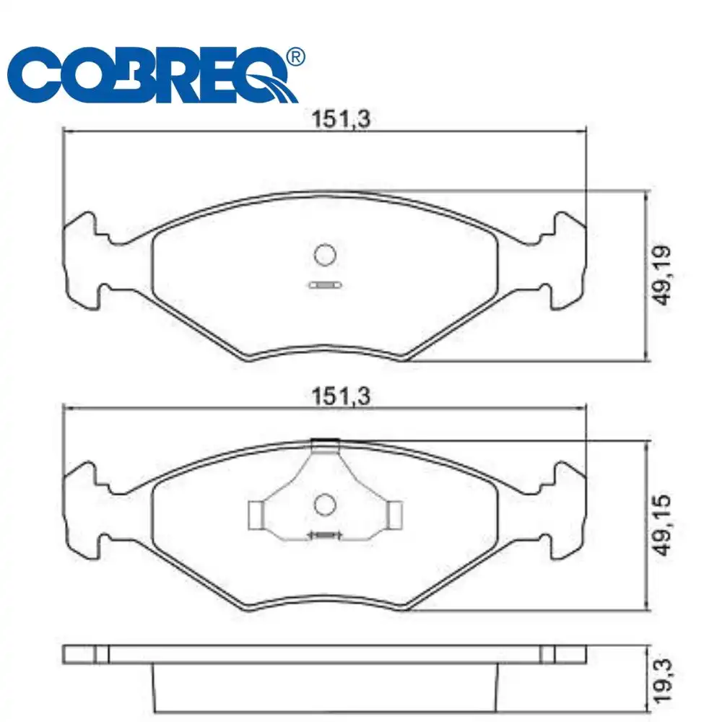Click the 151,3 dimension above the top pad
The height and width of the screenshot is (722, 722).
tap(341, 119)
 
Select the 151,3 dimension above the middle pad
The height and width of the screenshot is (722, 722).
tap(341, 396)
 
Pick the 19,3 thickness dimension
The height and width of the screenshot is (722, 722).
tap(664, 681)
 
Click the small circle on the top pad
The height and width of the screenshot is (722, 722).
tap(325, 255)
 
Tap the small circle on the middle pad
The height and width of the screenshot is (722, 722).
tap(325, 505)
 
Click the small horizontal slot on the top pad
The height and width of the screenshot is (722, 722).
tap(325, 285)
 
